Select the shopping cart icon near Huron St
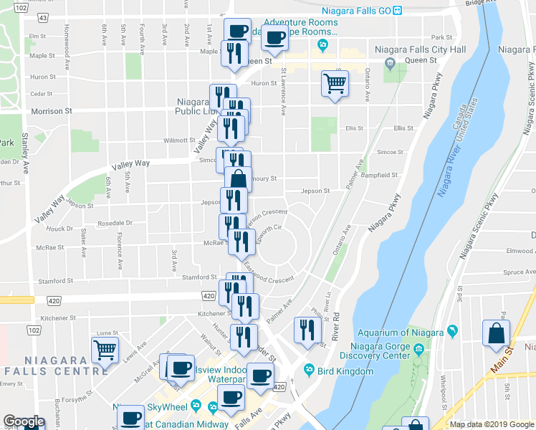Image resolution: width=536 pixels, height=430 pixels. [335, 84]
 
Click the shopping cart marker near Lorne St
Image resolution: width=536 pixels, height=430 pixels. [105, 351]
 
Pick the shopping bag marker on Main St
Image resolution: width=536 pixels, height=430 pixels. [497, 333]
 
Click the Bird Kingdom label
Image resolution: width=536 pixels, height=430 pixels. [347, 371]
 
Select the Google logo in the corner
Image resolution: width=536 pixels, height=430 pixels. [24, 421]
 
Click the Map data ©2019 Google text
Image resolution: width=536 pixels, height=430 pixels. [492, 424]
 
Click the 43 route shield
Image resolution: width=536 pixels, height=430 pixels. [43, 16]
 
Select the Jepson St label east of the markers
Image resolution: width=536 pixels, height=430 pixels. [315, 191]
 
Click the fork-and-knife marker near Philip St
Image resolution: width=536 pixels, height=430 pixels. [307, 330]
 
